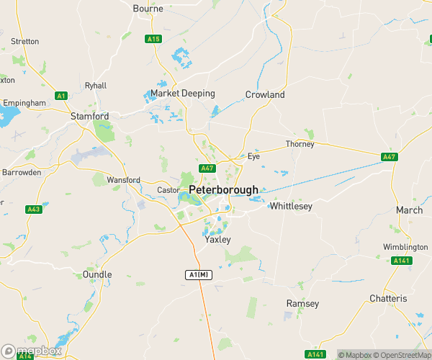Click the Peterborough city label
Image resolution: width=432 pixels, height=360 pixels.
223,190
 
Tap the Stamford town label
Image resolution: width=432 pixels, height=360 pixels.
89,116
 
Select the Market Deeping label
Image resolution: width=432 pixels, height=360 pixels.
183,94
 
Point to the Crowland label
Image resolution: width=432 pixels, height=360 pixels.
265,94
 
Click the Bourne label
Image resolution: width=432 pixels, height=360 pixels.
148,9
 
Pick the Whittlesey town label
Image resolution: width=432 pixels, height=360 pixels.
290,206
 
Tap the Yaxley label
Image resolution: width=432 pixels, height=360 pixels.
217,240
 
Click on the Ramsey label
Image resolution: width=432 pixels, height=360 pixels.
302,303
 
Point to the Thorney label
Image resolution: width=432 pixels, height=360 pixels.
300,144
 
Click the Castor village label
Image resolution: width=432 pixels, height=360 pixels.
167,190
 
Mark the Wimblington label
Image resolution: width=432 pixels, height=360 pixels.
405,247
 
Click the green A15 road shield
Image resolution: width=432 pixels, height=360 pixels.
153,39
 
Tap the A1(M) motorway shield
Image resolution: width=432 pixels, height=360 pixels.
199,275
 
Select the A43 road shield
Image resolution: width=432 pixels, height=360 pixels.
34,210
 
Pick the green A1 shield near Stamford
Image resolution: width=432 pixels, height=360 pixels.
61,96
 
